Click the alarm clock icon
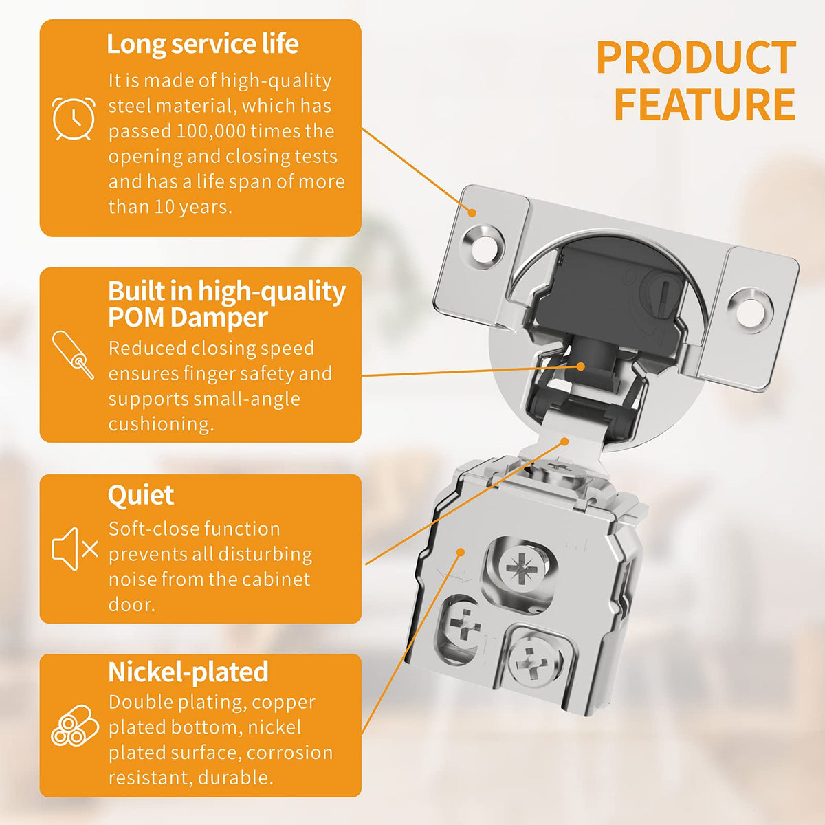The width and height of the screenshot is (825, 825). [73, 118]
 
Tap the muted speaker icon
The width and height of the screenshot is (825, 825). [75, 549]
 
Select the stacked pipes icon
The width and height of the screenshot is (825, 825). [75, 725]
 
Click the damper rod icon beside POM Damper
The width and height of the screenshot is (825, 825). [73, 355]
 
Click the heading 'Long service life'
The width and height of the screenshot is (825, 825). [203, 44]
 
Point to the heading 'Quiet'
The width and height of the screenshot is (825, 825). [141, 495]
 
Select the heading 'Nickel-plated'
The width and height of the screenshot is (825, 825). [188, 672]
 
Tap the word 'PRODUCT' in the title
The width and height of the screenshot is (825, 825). [696, 58]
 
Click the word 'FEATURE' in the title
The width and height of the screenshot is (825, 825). [705, 104]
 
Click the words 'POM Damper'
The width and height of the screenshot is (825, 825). [188, 317]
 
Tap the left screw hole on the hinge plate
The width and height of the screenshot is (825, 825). [484, 247]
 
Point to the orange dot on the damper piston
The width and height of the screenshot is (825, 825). [580, 366]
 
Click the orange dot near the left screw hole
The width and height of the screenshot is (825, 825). [472, 212]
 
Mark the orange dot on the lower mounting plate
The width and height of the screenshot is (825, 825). [461, 552]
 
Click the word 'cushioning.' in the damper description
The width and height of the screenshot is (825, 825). [161, 424]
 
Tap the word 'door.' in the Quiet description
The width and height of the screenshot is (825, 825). [131, 605]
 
